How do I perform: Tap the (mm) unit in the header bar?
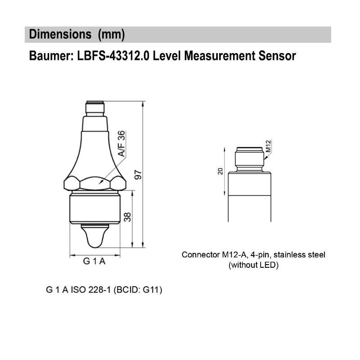click(x=111, y=35)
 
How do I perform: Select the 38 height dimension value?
click(x=127, y=217)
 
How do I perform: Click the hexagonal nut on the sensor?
click(x=94, y=183)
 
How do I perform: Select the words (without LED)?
click(x=254, y=265)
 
